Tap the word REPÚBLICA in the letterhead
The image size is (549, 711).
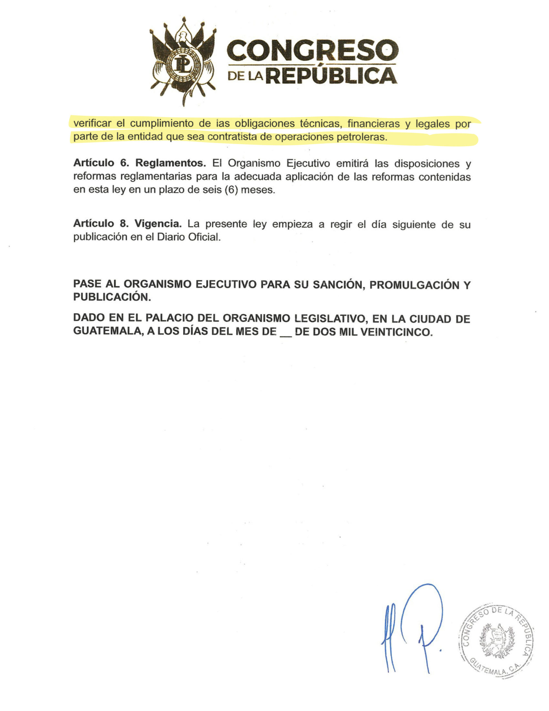[332, 76]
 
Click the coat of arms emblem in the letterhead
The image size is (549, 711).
[183, 61]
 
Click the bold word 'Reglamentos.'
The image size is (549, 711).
[170, 163]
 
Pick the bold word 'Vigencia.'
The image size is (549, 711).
[158, 224]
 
